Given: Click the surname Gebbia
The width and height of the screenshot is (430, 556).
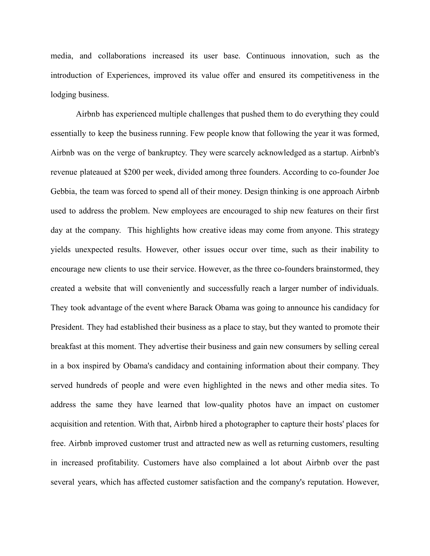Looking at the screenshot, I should pos(63,192).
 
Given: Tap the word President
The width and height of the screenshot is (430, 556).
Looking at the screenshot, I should pos(67,327).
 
